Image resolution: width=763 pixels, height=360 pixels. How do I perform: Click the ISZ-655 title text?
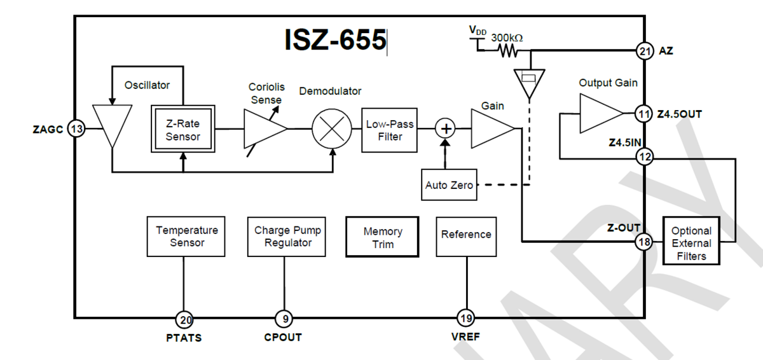coord(335,39)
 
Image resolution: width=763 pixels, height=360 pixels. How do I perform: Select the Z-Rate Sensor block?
coord(182,129)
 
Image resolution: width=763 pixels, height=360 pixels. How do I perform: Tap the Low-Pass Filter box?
coord(389,130)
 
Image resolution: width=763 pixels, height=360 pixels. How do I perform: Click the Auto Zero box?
coord(449,185)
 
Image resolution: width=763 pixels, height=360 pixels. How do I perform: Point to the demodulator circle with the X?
coord(333,130)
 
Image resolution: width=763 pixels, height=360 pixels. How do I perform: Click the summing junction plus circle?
coord(446,129)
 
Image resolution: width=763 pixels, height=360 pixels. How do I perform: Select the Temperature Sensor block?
coord(187,236)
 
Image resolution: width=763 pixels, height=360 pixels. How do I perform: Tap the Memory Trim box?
coord(382,237)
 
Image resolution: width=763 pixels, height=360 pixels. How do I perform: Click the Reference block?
coord(466,234)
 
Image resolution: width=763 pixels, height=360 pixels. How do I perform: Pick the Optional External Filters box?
coord(692,243)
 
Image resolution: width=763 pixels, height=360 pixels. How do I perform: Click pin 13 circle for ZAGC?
coord(77,129)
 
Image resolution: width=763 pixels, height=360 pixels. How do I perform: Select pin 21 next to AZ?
coord(645,51)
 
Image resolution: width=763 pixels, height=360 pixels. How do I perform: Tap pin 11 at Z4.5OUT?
coord(645,114)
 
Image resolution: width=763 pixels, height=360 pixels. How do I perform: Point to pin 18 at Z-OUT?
coord(645,242)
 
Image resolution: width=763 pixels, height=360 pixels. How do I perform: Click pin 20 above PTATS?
coord(184,319)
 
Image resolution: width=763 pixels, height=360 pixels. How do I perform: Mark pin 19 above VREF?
coord(465,319)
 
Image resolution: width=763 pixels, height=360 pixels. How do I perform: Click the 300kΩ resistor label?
coord(507,38)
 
